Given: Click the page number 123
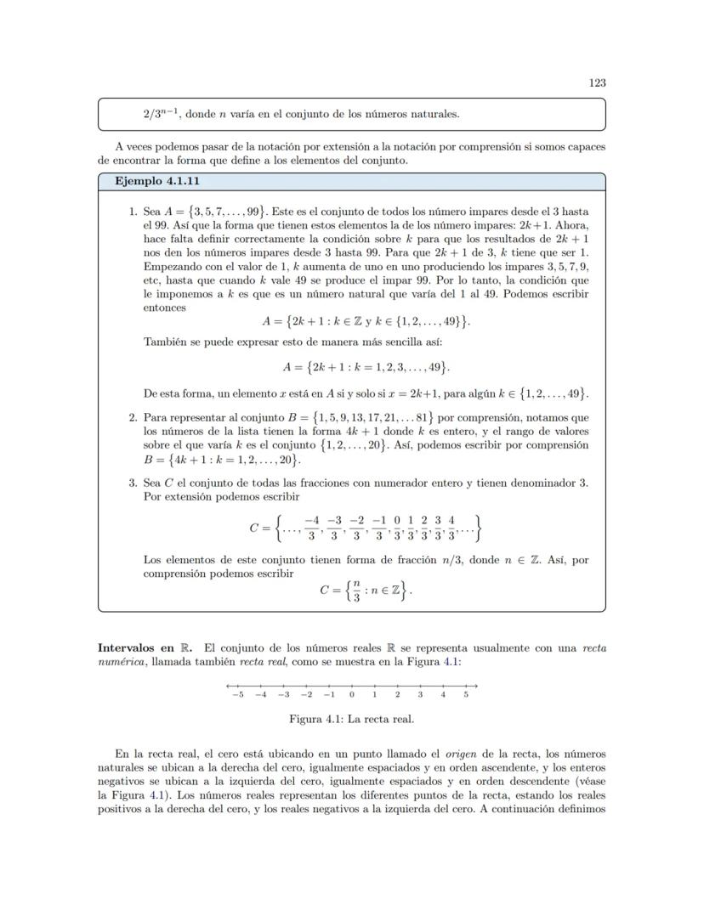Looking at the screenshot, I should pos(597,82).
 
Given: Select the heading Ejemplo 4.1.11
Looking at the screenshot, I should pos(156,182).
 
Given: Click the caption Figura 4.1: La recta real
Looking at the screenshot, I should pos(352,719).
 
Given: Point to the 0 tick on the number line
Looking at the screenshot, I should pos(351,687).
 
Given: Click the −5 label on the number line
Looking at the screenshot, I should pos(237,695).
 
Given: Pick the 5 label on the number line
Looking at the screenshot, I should pos(466,695).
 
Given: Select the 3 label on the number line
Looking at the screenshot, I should pos(420,695).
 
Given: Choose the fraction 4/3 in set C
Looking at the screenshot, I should pos(451,528).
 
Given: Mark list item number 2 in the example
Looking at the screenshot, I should pos(133,417).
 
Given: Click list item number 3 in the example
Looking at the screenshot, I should pos(133,483).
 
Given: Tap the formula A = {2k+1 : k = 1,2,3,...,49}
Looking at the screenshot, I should pos(366,368).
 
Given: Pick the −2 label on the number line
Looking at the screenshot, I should pos(306,695).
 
